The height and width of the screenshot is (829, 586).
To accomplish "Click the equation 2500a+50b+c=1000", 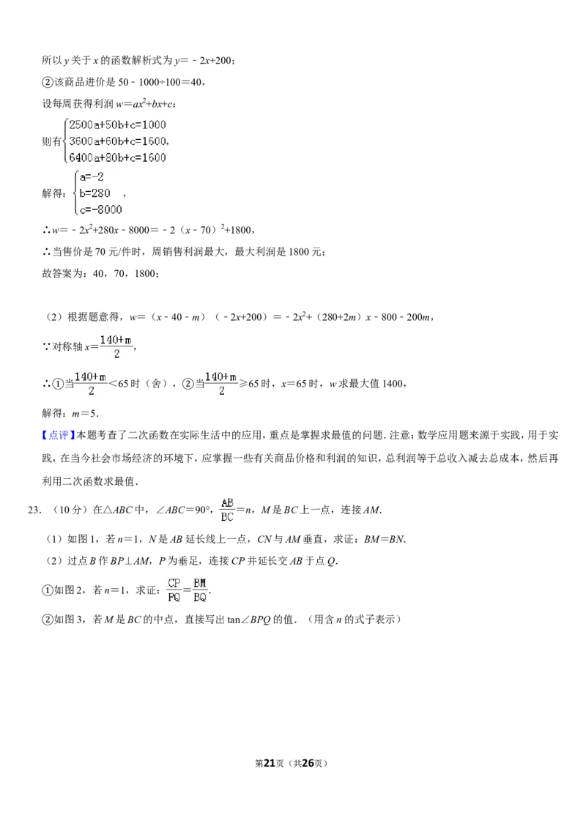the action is tap(117, 124).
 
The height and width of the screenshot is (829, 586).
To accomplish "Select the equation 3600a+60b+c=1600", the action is tap(118, 141).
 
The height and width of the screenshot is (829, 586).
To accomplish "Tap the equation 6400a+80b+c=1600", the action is tap(117, 157).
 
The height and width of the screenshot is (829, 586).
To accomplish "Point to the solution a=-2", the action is tap(92, 177).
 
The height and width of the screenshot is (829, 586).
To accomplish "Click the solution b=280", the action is tap(94, 193).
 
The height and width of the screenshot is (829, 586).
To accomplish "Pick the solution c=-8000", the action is tap(100, 210).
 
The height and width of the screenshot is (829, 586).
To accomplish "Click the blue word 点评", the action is tap(59, 435).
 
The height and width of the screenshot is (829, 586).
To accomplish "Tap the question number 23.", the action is tap(33, 510).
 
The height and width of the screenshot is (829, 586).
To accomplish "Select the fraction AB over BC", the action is tap(227, 510).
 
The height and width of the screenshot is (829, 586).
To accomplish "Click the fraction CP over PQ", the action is tap(174, 590).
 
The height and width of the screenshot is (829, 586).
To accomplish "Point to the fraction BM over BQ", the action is tap(200, 590).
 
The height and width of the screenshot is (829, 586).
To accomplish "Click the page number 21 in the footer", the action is tap(270, 763).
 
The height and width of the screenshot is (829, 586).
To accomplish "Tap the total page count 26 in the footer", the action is tap(308, 763).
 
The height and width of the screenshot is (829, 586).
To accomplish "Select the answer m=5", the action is tap(84, 414).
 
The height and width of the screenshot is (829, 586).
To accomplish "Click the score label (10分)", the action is tap(69, 510).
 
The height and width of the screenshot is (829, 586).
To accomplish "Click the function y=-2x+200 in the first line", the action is tap(203, 61).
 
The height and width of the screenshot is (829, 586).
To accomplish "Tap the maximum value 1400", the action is tap(393, 384).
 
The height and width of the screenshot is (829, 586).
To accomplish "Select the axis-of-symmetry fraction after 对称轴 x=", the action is tap(116, 347).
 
